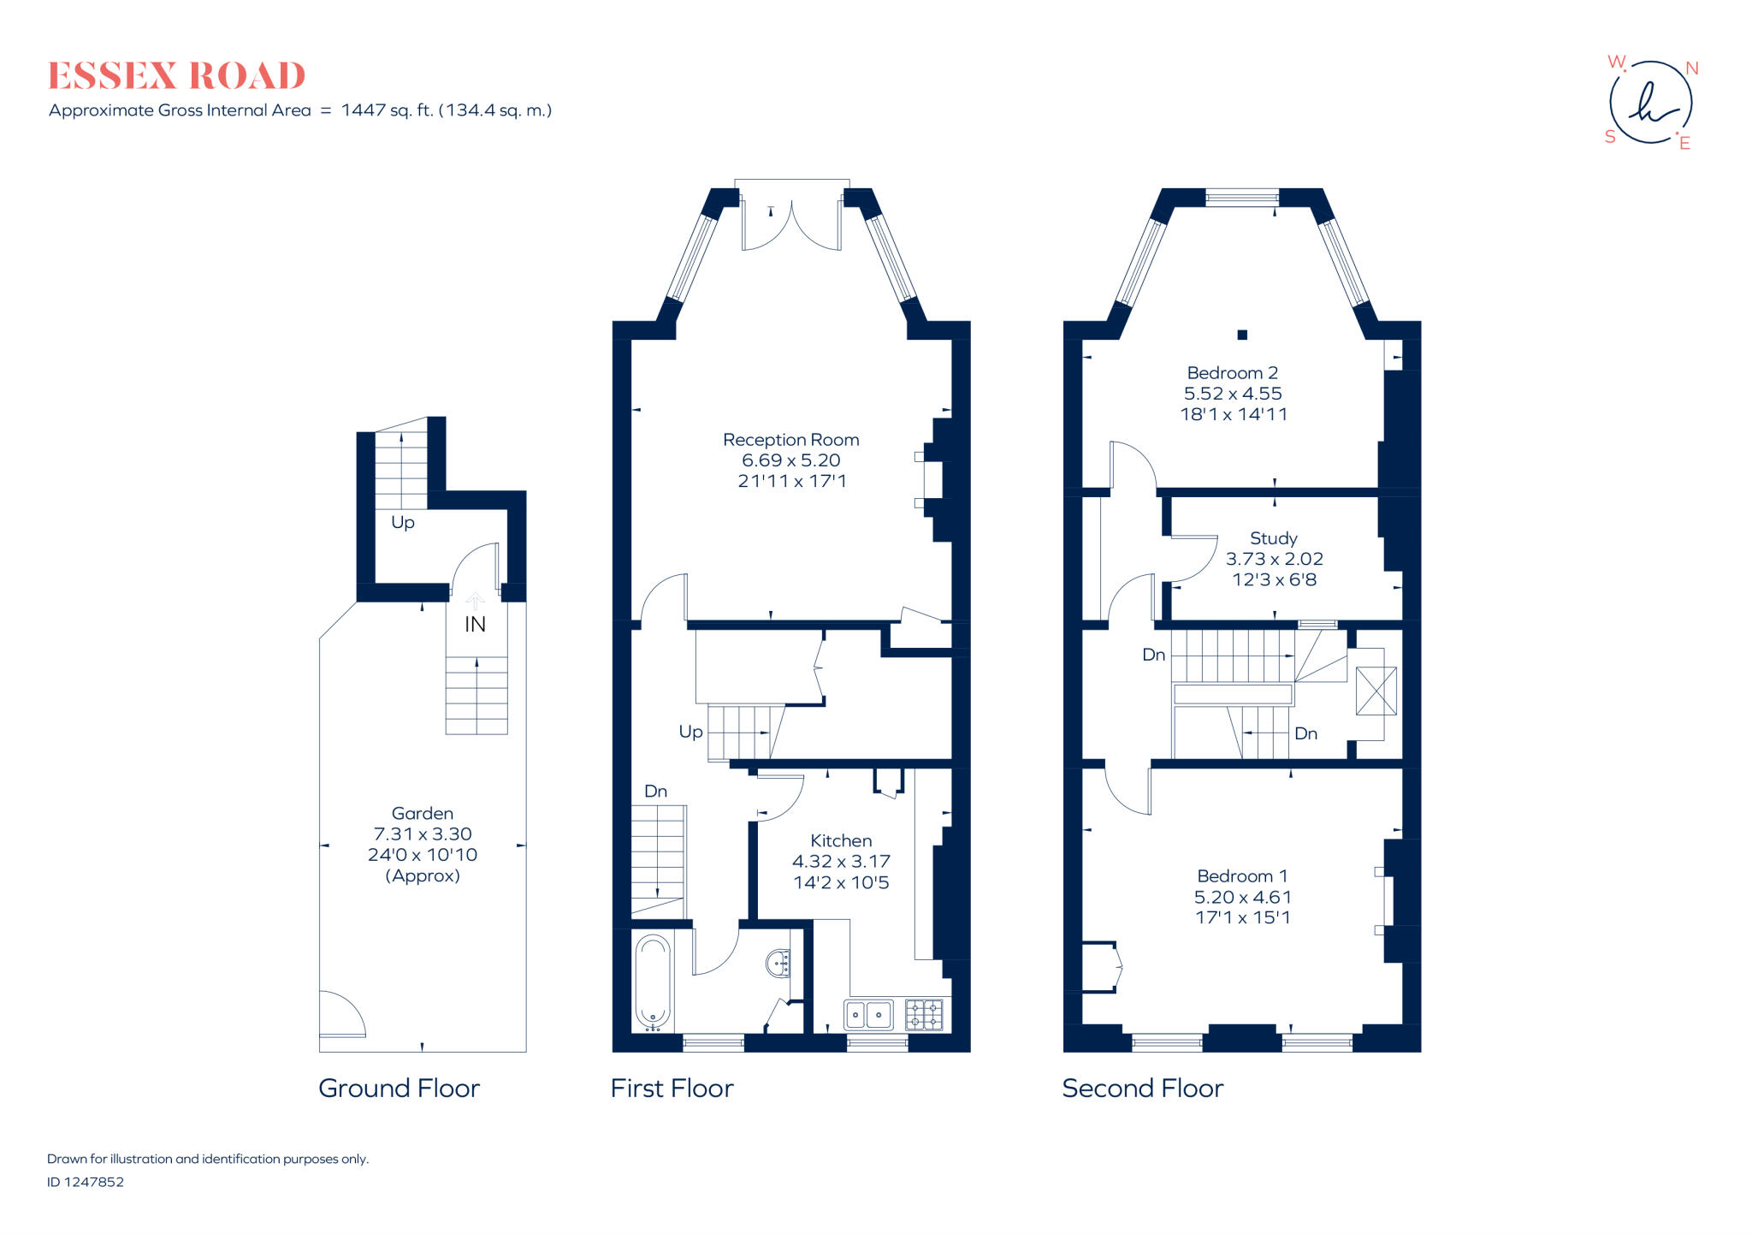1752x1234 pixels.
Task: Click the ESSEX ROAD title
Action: [x=176, y=76]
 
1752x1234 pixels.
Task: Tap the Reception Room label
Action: [x=790, y=440]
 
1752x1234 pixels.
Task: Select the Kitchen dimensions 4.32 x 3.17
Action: [x=841, y=862]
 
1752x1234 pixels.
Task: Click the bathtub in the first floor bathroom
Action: [x=653, y=982]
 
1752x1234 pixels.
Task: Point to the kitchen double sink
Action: [x=868, y=1015]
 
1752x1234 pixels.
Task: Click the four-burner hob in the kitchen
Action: [x=924, y=1015]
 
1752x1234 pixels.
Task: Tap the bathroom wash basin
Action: [x=779, y=963]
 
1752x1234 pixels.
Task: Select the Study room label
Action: [x=1273, y=538]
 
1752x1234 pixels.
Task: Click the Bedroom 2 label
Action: [x=1232, y=373]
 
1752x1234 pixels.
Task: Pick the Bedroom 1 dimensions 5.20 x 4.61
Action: [x=1242, y=897]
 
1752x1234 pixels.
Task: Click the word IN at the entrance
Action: [x=475, y=625]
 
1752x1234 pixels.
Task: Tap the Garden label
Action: [x=422, y=814]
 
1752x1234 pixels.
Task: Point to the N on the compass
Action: [x=1691, y=68]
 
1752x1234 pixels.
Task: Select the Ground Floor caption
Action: [x=399, y=1089]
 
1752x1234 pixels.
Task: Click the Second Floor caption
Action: [x=1142, y=1089]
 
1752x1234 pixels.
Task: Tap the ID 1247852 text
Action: [x=86, y=1182]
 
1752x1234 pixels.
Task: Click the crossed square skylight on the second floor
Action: [x=1376, y=691]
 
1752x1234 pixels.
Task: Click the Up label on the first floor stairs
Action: [x=690, y=732]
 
